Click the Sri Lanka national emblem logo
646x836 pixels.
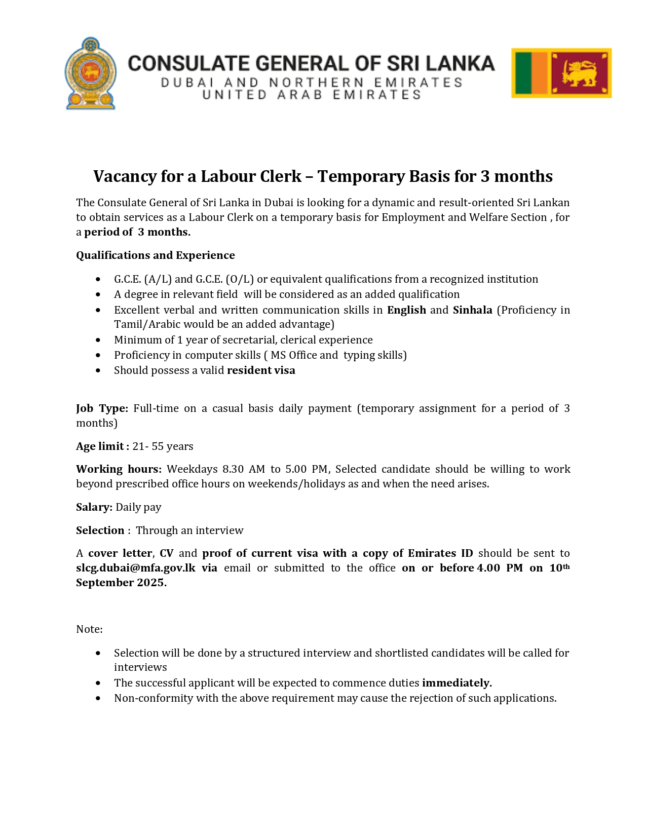91,73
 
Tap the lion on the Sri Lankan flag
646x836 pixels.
581,73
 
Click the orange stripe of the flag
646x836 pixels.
540,73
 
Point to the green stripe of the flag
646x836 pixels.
523,73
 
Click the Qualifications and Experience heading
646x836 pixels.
156,255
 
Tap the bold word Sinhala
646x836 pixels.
472,310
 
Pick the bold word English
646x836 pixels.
406,310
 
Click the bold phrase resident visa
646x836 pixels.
261,370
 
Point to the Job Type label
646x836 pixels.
102,408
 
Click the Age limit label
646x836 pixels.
102,446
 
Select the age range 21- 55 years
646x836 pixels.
163,446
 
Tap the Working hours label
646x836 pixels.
119,469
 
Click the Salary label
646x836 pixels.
94,507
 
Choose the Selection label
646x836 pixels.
100,530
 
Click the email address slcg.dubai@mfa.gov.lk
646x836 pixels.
136,568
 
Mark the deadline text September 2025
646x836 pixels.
121,583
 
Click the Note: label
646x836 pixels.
89,629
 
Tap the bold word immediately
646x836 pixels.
457,683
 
